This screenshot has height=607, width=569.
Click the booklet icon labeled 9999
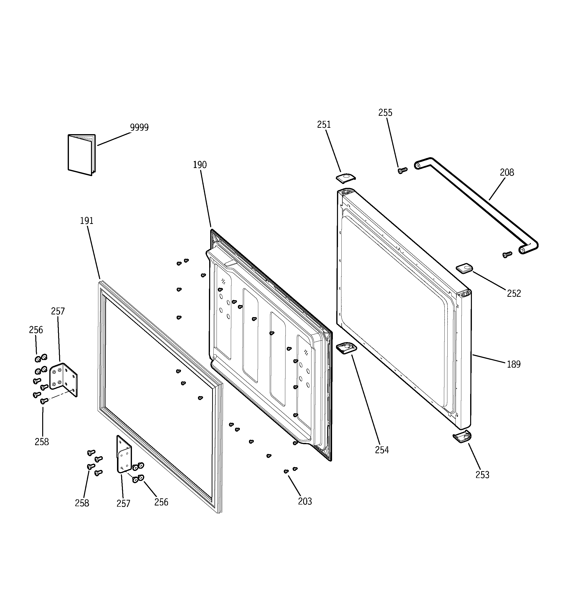[x=81, y=155]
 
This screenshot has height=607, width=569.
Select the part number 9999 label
[x=139, y=127]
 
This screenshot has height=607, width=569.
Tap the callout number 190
[x=200, y=165]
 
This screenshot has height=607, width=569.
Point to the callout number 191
[x=87, y=221]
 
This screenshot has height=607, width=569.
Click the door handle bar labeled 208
[x=477, y=206]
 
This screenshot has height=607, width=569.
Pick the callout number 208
[x=507, y=172]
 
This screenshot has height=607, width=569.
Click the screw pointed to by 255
[x=402, y=170]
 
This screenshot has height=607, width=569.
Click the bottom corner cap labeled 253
[x=462, y=436]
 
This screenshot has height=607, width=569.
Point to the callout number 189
[x=513, y=364]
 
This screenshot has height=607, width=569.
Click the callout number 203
[x=305, y=501]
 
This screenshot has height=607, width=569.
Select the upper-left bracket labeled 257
[x=64, y=379]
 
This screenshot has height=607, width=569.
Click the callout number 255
[x=385, y=113]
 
